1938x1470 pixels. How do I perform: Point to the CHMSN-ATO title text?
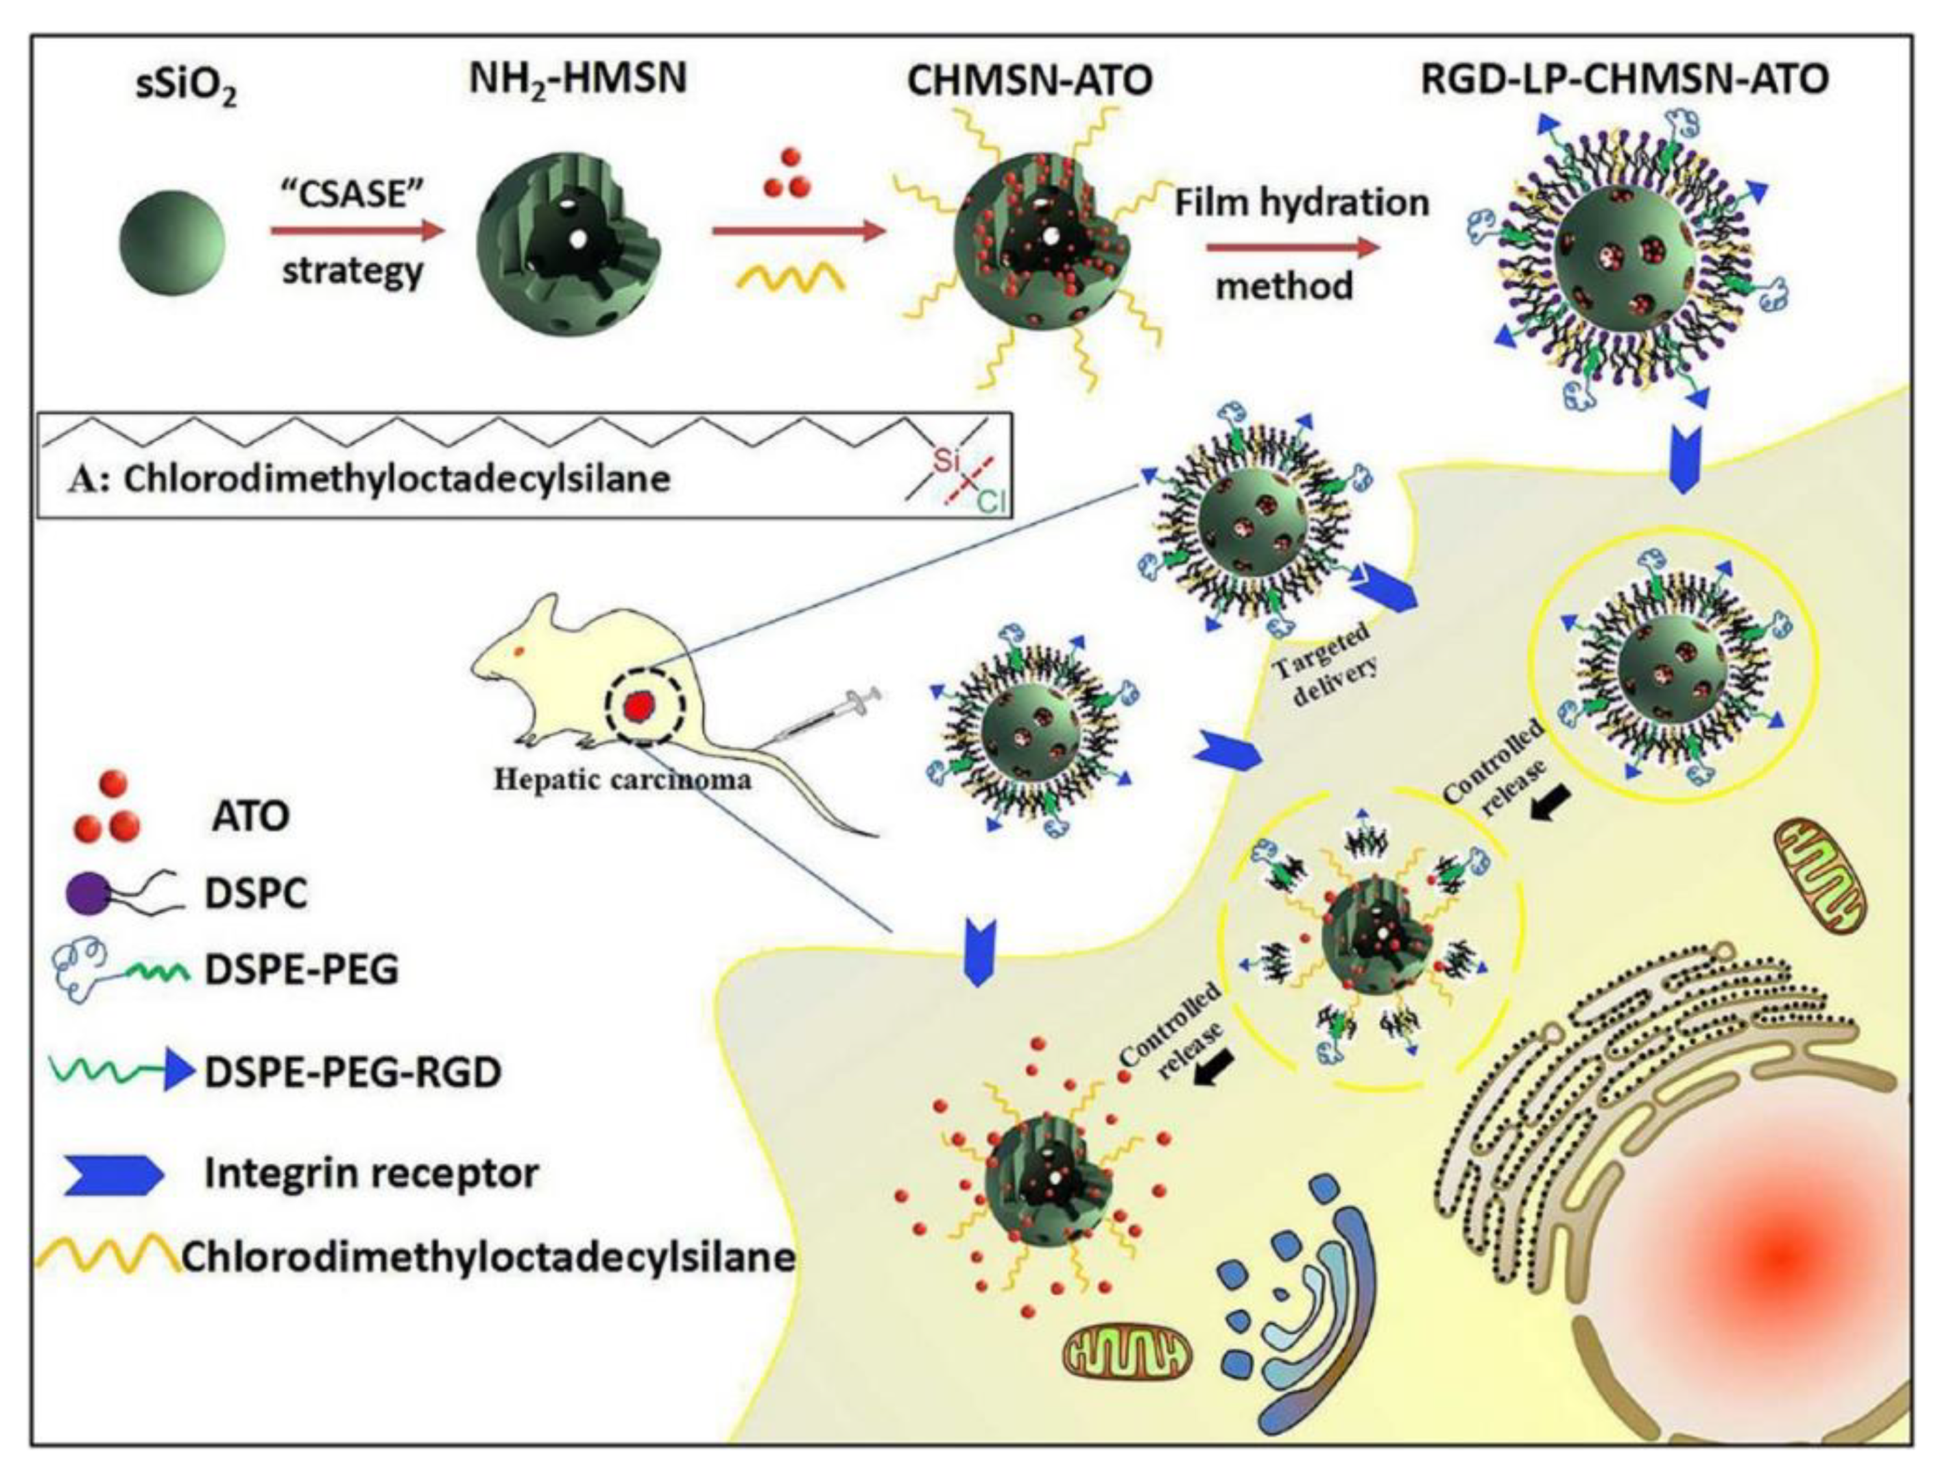click(1029, 81)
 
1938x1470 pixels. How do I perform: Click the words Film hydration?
click(1301, 203)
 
